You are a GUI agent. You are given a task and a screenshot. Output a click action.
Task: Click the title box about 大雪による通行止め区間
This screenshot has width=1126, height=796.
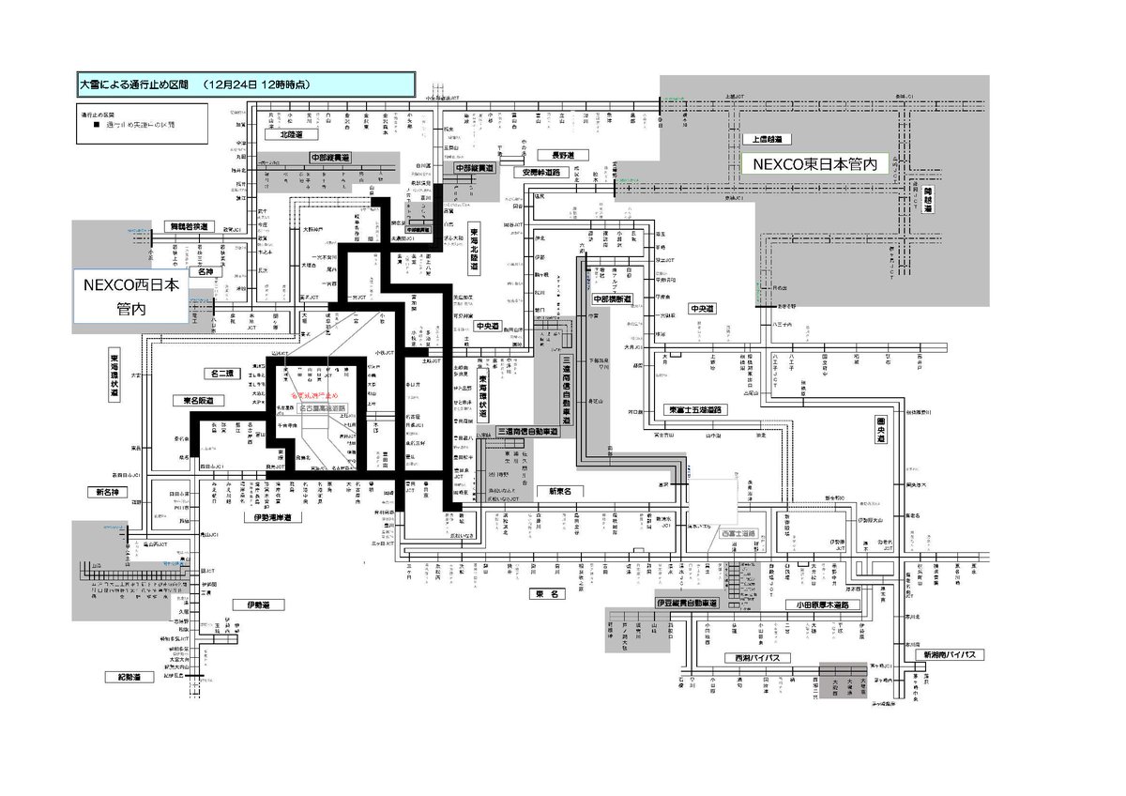coord(245,84)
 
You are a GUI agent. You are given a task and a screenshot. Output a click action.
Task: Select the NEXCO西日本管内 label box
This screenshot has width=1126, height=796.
coord(131,295)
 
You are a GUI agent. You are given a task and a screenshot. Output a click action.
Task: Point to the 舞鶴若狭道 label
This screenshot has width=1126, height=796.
coord(191,227)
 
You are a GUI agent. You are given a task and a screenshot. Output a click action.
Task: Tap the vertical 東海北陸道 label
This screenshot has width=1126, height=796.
coord(475,249)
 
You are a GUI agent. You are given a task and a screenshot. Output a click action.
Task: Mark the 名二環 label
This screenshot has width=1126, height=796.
coord(226,374)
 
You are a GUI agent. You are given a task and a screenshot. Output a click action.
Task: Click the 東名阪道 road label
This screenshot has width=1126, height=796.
coord(192,401)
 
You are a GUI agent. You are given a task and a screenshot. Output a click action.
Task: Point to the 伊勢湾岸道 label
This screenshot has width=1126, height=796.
coord(272,517)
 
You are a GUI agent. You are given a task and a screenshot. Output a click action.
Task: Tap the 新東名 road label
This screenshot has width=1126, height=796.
coord(560,491)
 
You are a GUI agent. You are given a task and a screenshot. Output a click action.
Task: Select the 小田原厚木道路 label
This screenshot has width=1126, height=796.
coord(818,605)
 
